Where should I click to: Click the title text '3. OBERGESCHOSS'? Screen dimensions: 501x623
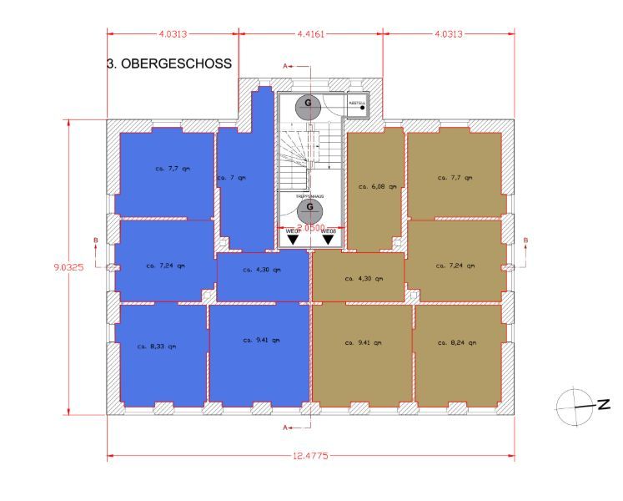coord(169,64)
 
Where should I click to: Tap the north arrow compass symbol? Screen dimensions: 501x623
coord(573,403)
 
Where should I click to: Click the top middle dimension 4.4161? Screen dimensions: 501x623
coord(310,35)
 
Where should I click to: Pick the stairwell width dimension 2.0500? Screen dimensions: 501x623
coord(310,227)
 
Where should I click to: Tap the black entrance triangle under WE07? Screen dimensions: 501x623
coord(292,240)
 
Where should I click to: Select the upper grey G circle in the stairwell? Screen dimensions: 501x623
coord(309,104)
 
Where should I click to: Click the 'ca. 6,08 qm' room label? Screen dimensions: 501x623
coord(376,186)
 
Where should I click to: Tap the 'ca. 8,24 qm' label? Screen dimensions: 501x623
coord(455,342)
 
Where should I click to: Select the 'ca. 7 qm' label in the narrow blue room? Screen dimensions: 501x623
coord(233,178)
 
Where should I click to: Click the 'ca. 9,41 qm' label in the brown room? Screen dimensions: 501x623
coord(361,342)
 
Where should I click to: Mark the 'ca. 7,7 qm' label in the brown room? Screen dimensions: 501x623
coord(455,177)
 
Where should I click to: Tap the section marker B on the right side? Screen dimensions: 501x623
coord(525,242)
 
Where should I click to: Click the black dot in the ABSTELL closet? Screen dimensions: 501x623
coord(363,107)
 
